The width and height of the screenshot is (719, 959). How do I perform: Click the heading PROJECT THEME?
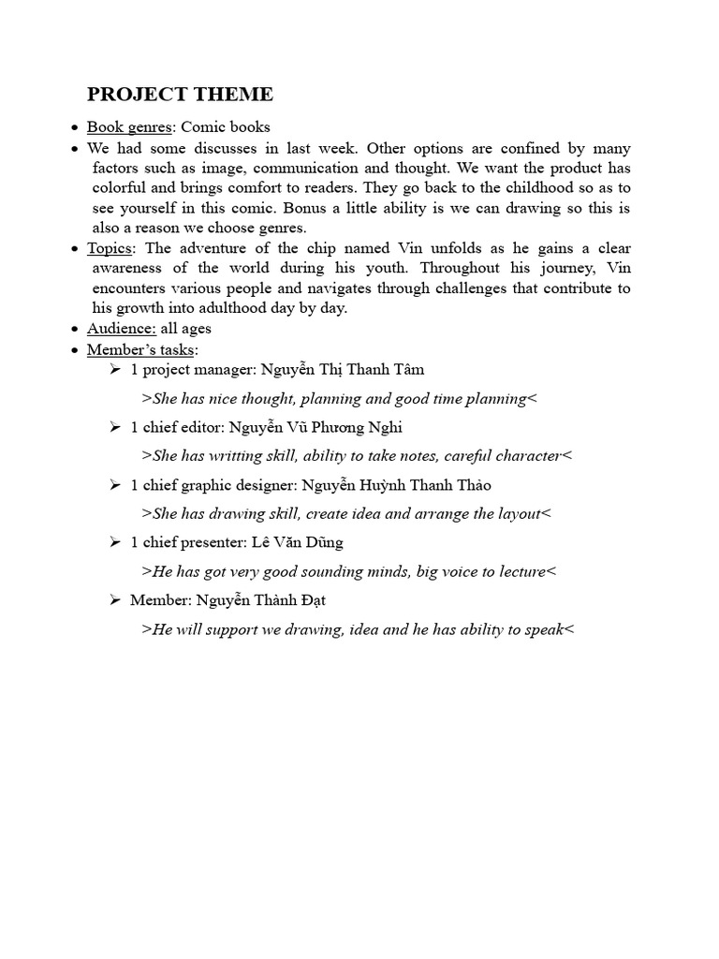click(x=180, y=95)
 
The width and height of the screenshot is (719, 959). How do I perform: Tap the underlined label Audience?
click(x=122, y=329)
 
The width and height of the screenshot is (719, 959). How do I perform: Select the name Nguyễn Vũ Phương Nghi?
click(x=315, y=428)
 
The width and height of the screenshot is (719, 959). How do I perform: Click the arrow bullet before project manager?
click(x=115, y=370)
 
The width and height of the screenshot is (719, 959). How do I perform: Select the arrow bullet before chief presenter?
click(x=115, y=542)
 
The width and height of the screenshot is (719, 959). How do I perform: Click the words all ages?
click(x=186, y=329)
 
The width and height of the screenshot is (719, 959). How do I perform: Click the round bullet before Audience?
click(x=75, y=330)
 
